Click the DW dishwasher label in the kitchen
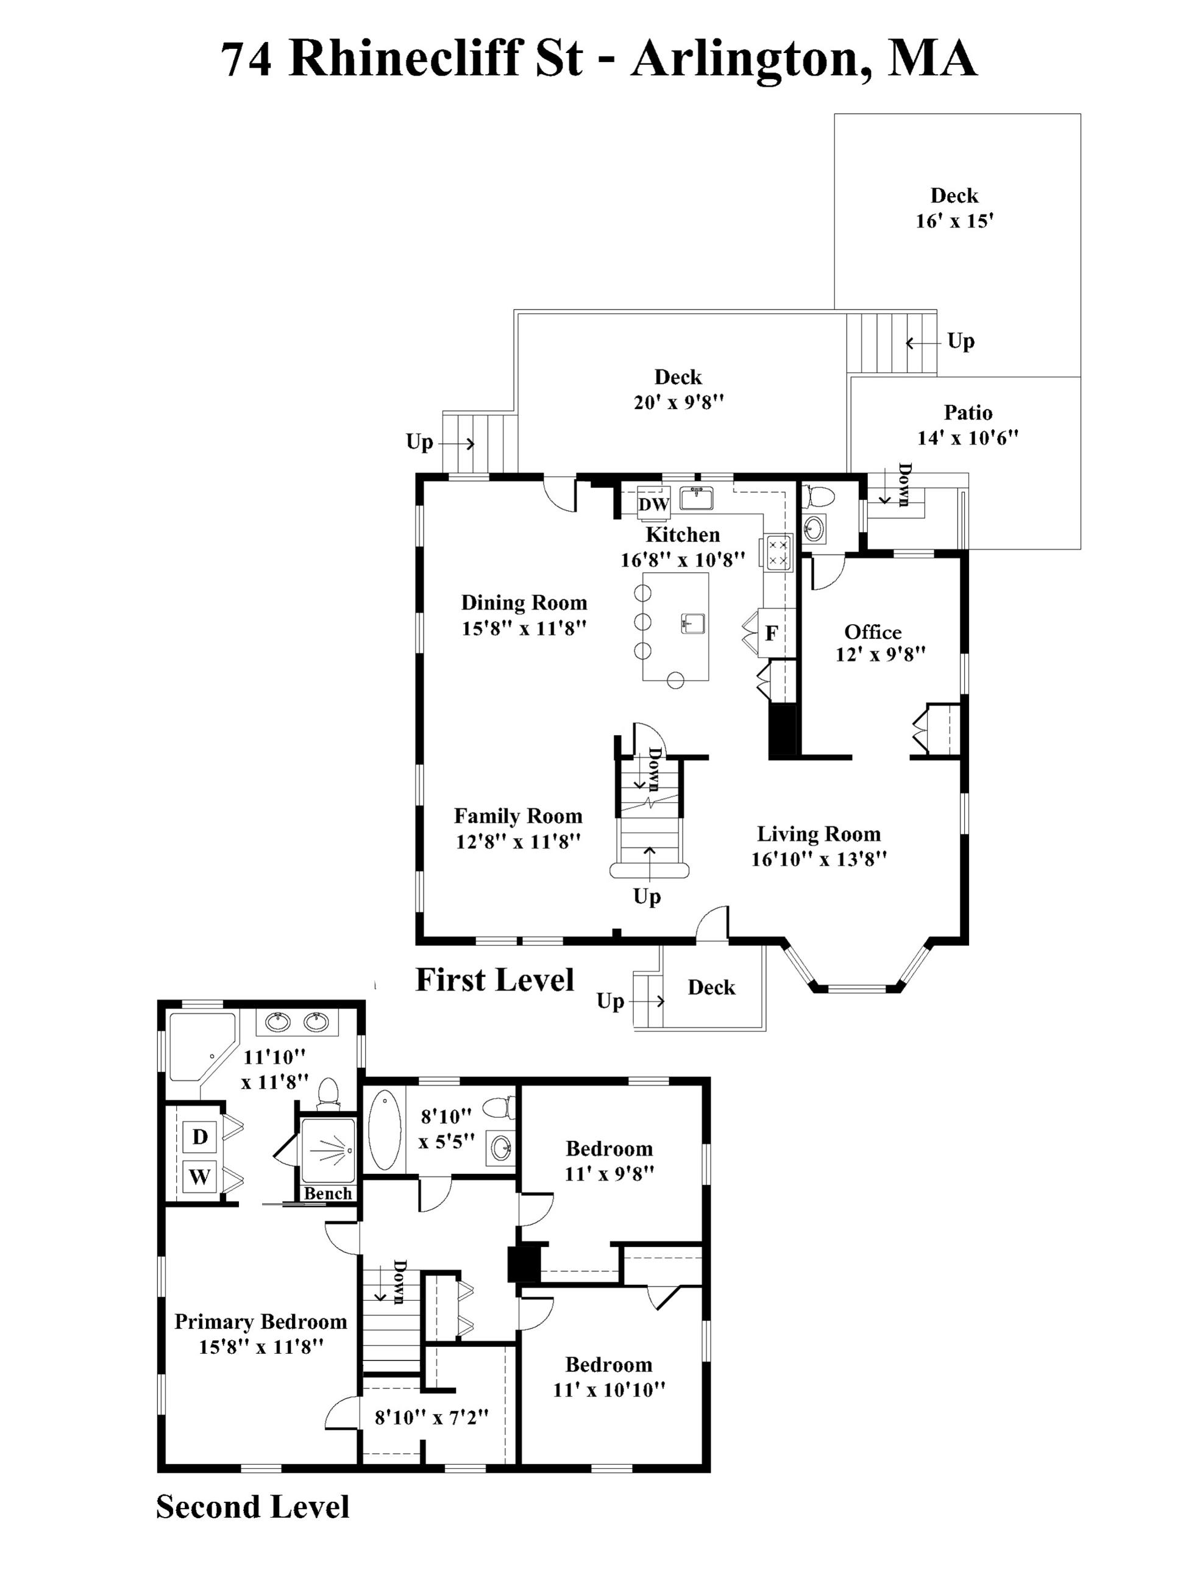[653, 505]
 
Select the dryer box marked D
[199, 1137]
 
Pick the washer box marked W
[199, 1177]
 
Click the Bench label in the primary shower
[327, 1193]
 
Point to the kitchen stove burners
[777, 552]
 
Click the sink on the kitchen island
[692, 624]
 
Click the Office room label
[872, 632]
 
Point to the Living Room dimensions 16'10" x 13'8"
[819, 859]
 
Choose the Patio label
[968, 413]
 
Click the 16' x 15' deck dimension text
[954, 221]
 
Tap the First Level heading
[494, 979]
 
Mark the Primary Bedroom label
[260, 1321]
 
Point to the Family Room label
[517, 816]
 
